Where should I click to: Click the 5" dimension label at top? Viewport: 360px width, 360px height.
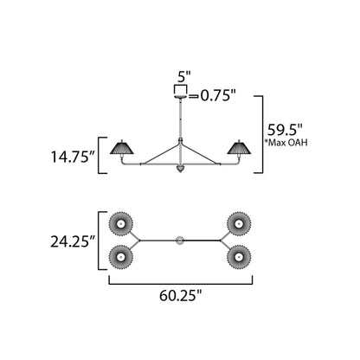[180, 74]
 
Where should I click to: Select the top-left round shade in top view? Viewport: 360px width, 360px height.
[121, 224]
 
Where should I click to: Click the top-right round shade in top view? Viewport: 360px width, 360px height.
[239, 224]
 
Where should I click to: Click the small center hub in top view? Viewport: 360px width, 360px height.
[180, 240]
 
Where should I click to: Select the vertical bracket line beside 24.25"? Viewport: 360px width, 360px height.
[102, 240]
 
